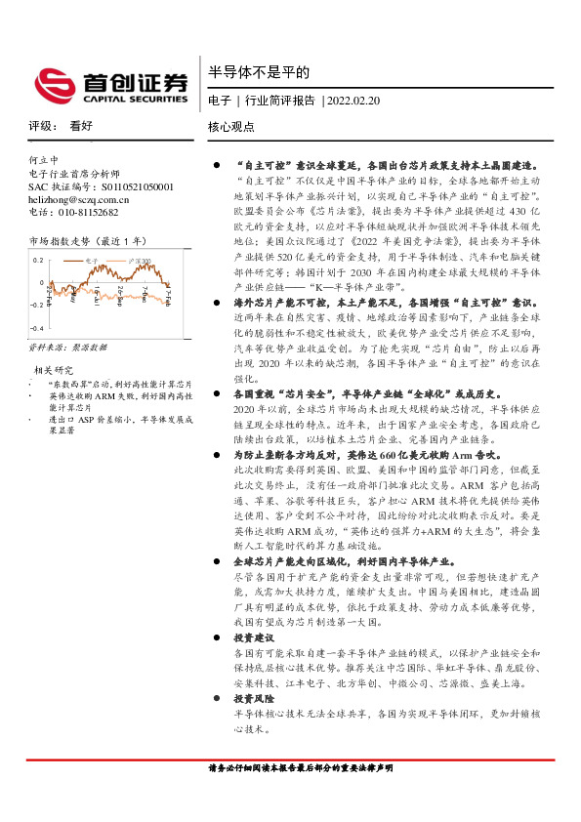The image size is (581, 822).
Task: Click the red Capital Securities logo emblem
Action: [x=54, y=83]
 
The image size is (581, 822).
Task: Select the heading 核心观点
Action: [x=231, y=127]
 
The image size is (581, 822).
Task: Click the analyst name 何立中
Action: [x=44, y=159]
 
